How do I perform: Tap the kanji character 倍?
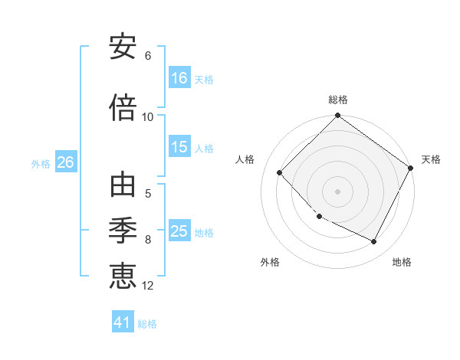[x=123, y=107]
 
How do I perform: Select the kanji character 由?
[x=123, y=185]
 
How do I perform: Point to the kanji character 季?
[x=123, y=232]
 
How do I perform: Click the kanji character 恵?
[x=123, y=276]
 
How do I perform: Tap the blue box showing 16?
[x=179, y=78]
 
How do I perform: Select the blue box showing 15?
[x=179, y=148]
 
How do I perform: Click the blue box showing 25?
[x=179, y=232]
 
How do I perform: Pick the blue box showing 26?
[x=66, y=162]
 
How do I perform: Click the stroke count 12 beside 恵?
[x=148, y=286]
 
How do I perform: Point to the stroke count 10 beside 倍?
[x=148, y=116]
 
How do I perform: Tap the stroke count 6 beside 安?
[x=148, y=56]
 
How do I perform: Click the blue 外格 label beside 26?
[x=41, y=163]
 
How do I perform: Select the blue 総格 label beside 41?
[x=147, y=323]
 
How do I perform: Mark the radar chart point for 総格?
[x=337, y=117]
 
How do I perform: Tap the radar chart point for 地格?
[x=374, y=242]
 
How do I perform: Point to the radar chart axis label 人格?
[x=245, y=159]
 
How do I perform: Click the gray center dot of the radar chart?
[x=337, y=191]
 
